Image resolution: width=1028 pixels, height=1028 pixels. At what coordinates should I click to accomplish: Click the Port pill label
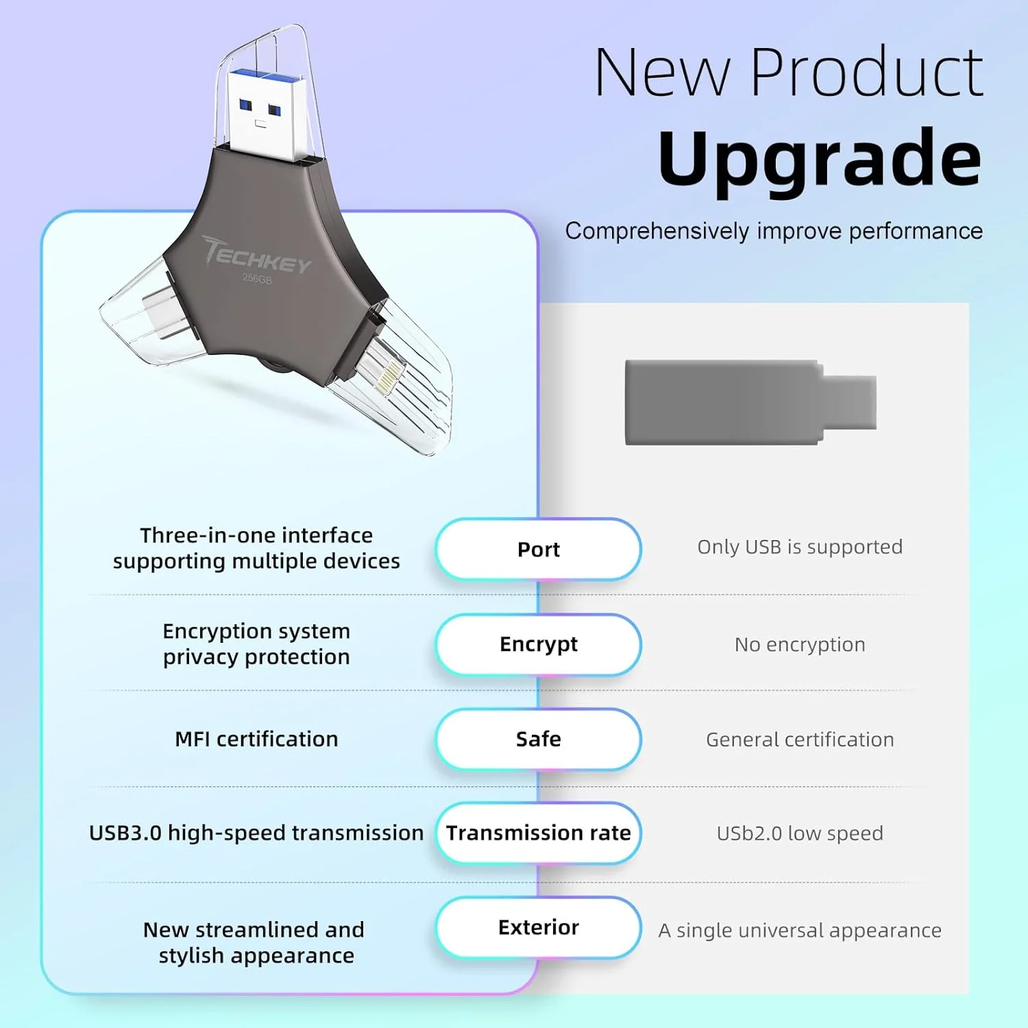point(538,550)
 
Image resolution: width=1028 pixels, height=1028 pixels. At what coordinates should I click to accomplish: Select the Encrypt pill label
point(538,644)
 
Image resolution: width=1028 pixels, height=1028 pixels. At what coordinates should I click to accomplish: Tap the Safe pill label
point(538,739)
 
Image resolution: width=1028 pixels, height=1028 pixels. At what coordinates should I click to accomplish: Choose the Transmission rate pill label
point(538,833)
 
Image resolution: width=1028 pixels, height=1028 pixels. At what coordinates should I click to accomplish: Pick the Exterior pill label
point(538,927)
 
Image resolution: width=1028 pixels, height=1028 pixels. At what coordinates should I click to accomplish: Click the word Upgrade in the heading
point(820,159)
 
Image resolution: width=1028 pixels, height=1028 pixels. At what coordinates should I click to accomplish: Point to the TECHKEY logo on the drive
point(257,255)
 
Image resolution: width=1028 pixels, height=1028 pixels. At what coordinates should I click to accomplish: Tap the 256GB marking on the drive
point(257,279)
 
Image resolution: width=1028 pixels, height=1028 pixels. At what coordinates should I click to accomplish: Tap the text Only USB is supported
point(800,547)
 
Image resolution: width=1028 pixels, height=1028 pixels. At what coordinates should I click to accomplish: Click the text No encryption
point(800,645)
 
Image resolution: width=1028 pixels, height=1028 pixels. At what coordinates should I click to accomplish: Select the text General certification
point(800,739)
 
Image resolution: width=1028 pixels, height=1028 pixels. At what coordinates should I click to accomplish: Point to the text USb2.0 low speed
point(800,833)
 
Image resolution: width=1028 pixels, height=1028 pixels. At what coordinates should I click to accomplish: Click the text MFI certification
point(256,739)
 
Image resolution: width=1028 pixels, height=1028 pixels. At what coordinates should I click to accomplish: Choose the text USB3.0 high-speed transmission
point(256,833)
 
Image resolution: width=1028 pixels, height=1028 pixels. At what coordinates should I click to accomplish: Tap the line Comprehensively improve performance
point(774,231)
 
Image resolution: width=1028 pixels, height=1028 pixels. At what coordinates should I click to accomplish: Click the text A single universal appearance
point(800,931)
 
